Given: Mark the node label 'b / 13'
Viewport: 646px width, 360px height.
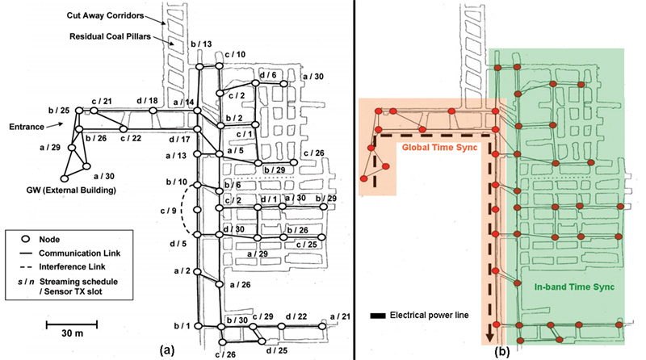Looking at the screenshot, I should (x=178, y=44).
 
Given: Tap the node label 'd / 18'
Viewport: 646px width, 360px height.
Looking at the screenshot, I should (x=148, y=100).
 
